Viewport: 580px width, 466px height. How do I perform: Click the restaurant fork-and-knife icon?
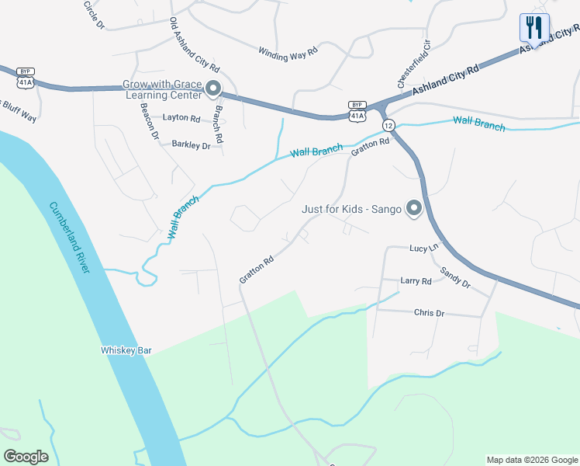coord(534,28)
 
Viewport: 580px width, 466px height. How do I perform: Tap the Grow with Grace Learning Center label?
coord(161,91)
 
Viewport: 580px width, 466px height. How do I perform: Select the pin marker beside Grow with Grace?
coord(214,91)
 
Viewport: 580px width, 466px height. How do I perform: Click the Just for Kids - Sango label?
coord(351,209)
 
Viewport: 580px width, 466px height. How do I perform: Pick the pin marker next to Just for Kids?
coord(414,209)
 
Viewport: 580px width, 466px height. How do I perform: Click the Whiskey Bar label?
coord(126,350)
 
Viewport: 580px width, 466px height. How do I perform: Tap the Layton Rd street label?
coord(181,119)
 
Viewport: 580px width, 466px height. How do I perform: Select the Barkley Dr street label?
coord(191,144)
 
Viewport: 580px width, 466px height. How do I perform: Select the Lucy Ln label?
coord(423,248)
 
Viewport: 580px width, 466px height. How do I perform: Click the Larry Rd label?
coord(416,281)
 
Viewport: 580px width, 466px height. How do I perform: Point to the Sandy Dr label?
coord(454,278)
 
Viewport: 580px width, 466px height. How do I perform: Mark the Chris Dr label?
coord(429,313)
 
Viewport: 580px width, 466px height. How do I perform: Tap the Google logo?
coord(26,457)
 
